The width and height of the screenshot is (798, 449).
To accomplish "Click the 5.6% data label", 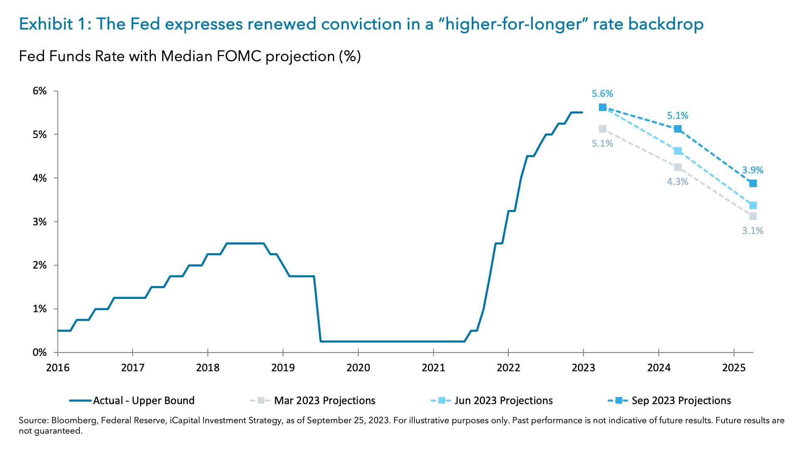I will click(602, 94).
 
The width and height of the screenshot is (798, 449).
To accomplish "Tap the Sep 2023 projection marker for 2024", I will click(677, 129).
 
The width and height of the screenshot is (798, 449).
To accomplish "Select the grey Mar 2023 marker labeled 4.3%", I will click(677, 167).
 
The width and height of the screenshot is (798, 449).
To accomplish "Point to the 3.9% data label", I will click(752, 170).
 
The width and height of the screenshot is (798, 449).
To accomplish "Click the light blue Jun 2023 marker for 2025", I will click(753, 205).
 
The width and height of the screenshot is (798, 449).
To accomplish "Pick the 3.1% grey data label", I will click(752, 231).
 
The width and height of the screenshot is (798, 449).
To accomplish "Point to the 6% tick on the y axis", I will click(40, 91).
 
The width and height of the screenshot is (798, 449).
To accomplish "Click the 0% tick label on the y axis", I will click(40, 353).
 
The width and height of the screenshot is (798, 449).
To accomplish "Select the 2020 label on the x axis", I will click(358, 368).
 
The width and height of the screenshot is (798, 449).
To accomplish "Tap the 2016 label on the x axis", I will click(58, 368).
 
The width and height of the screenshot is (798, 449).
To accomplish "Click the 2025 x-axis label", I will click(734, 368).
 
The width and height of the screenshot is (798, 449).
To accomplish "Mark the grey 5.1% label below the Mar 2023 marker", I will click(602, 143).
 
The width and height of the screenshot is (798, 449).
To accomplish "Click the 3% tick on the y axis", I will click(40, 222).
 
